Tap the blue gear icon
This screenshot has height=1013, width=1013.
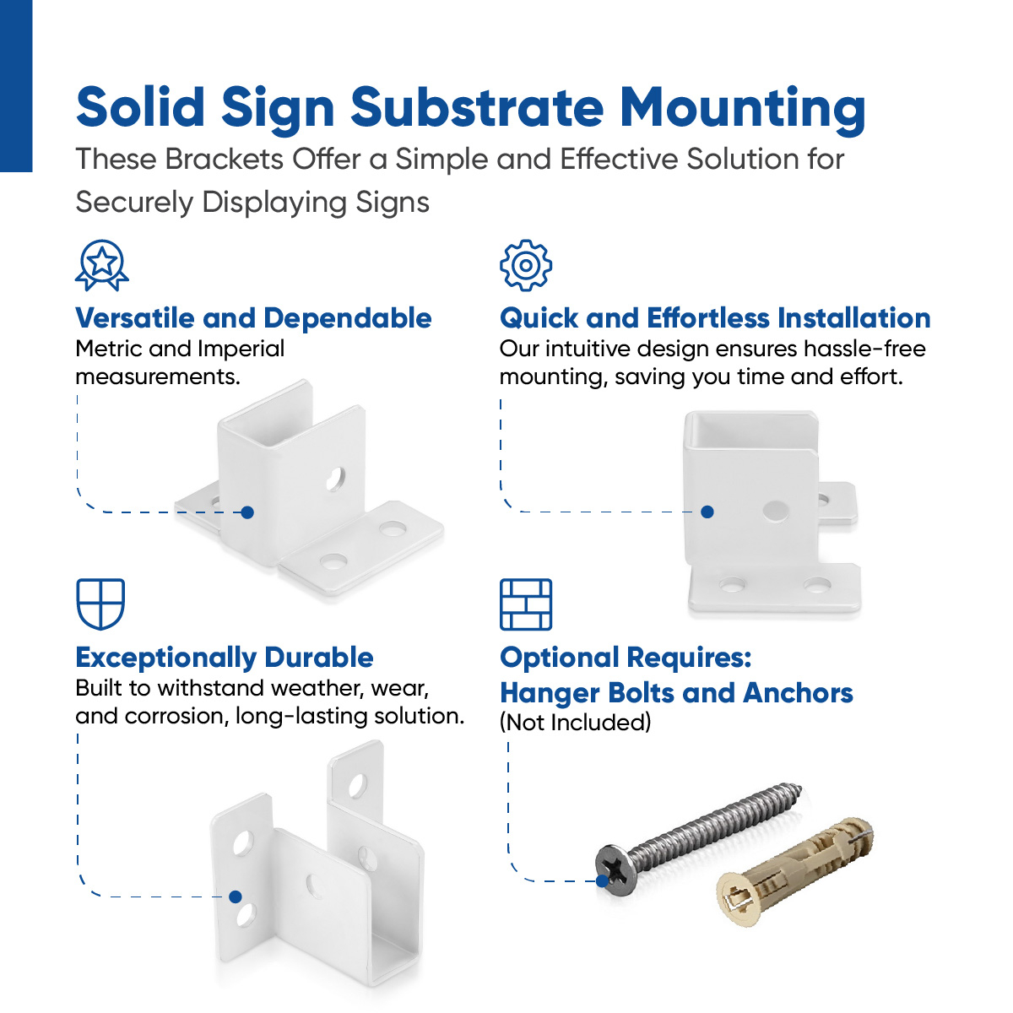526,265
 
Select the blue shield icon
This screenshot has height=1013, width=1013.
100,604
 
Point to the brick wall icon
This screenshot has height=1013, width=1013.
526,604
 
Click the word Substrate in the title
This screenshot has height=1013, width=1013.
477,108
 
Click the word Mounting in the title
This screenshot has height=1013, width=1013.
743,108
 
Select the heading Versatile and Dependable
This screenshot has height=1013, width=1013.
253,318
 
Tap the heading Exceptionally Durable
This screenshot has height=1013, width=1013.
225,657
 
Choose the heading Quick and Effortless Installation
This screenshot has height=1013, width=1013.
715,318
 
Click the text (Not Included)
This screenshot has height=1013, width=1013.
576,723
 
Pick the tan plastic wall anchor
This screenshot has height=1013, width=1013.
794,869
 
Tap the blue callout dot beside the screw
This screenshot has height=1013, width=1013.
603,880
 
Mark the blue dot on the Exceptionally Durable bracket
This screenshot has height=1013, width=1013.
236,897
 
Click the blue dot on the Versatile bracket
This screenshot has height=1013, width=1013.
247,512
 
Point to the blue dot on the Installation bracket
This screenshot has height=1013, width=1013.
707,512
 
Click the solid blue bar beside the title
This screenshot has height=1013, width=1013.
15,84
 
